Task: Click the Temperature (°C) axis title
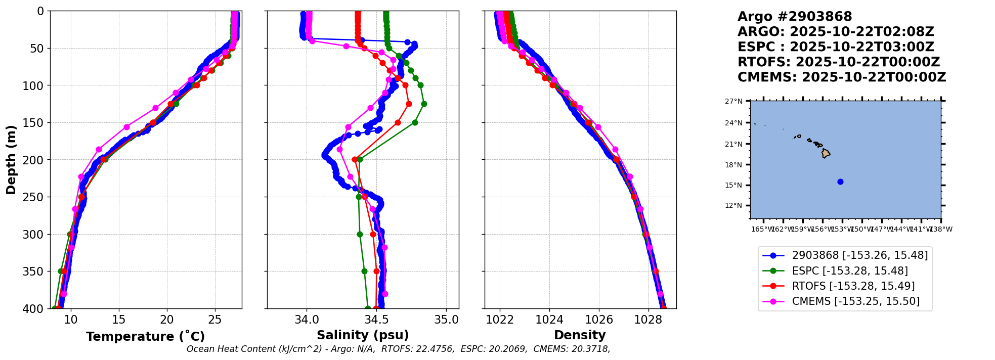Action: click(x=145, y=337)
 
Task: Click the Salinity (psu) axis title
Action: click(x=363, y=335)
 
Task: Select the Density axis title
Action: click(x=580, y=335)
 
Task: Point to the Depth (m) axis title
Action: click(x=11, y=160)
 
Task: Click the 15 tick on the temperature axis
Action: click(x=119, y=320)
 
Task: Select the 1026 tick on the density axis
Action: click(x=599, y=320)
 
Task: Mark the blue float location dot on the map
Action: click(x=840, y=182)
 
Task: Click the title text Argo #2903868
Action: click(x=794, y=17)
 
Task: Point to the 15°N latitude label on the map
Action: click(x=734, y=185)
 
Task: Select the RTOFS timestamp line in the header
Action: click(x=838, y=62)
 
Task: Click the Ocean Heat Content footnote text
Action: click(x=398, y=349)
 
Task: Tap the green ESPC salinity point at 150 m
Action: click(x=415, y=122)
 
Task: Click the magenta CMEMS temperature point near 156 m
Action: click(x=127, y=127)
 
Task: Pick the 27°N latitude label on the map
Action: click(x=734, y=101)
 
